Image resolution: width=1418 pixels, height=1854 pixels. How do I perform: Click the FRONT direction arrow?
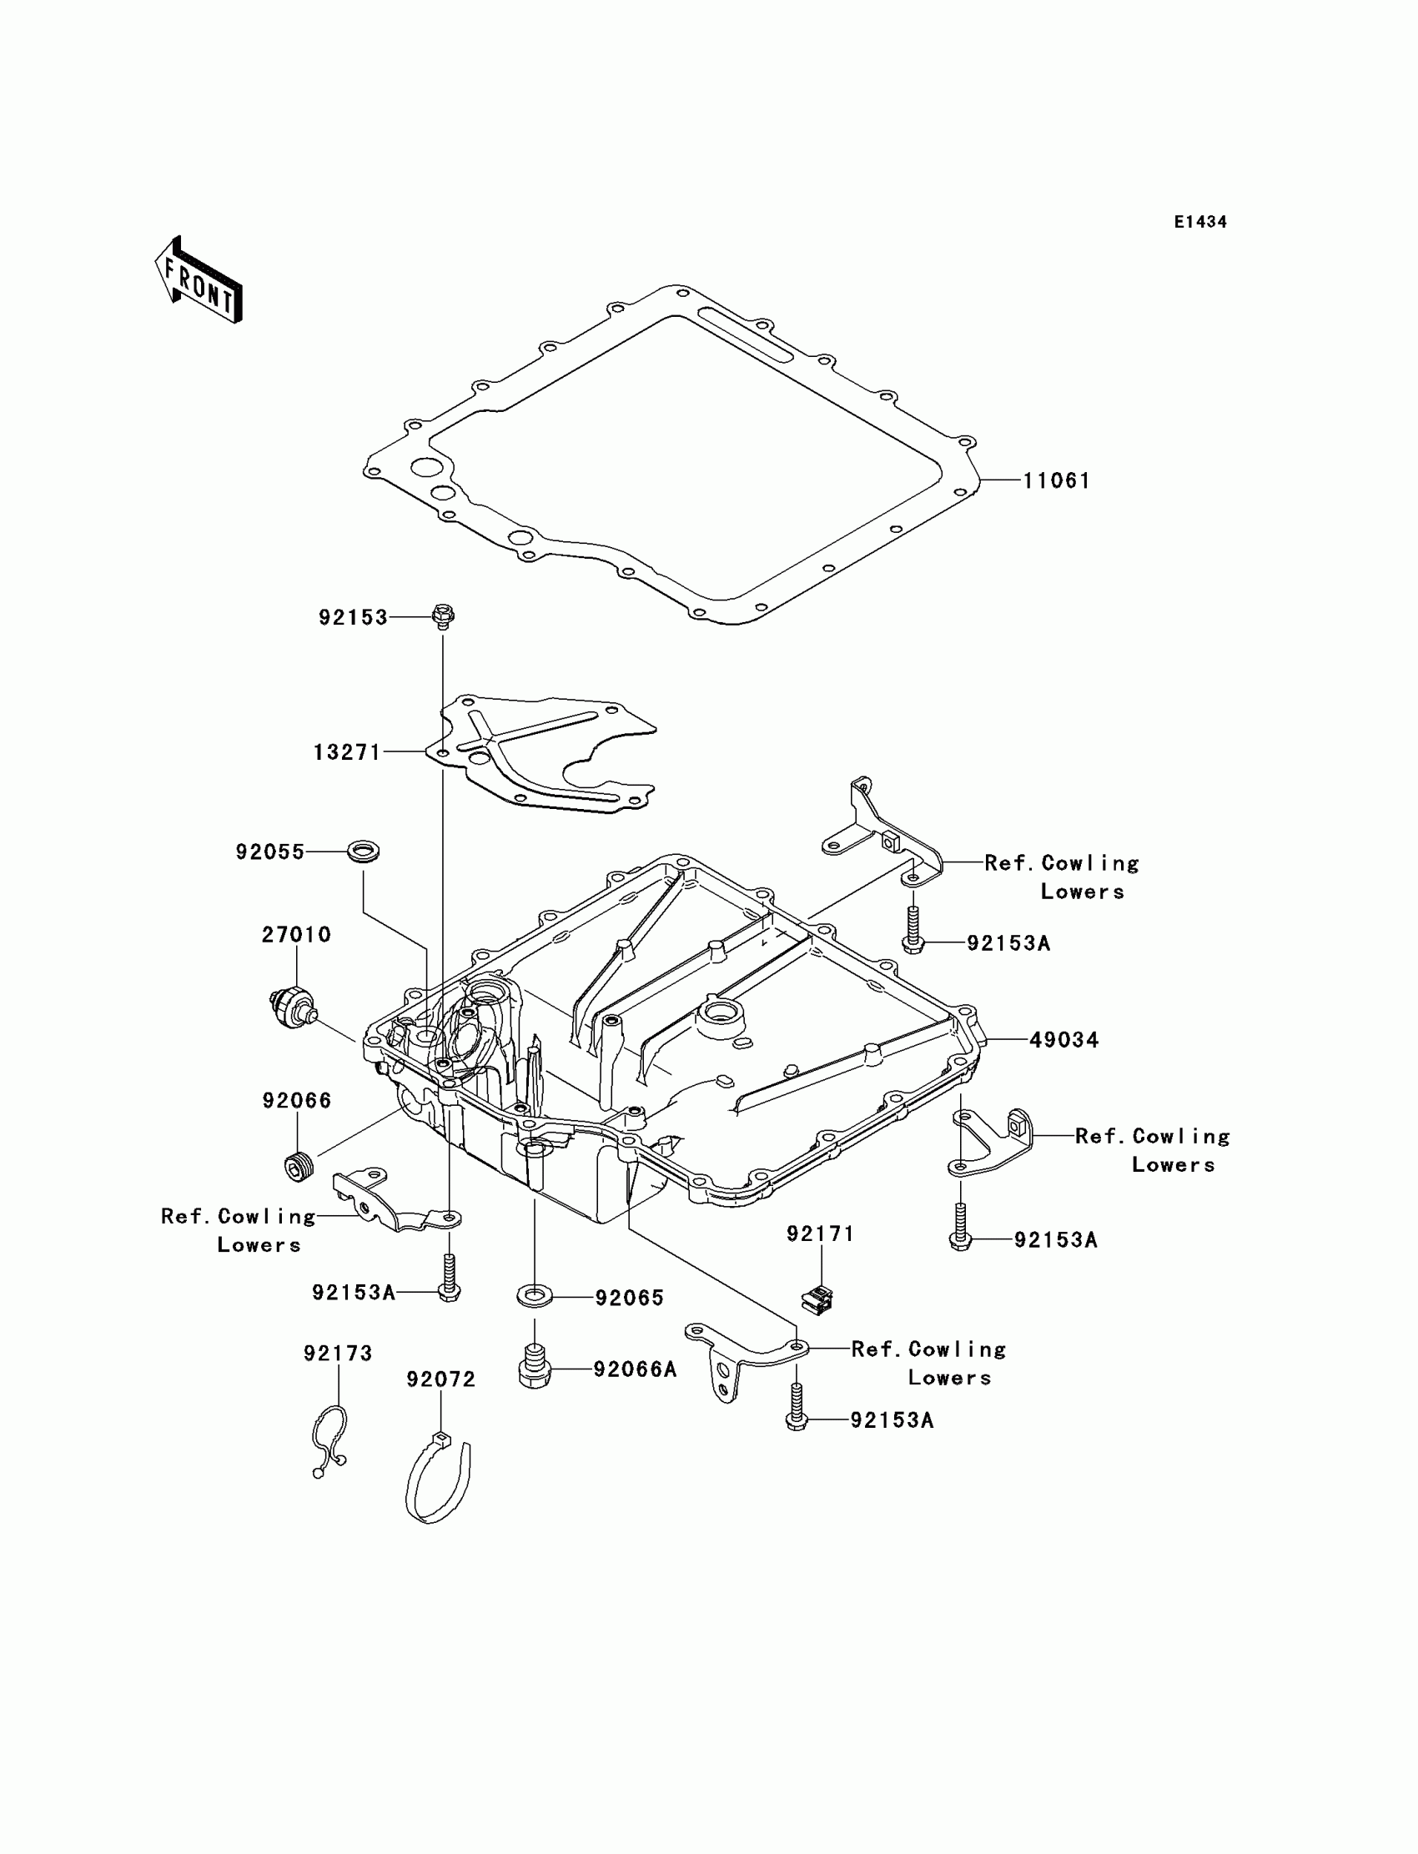click(x=199, y=281)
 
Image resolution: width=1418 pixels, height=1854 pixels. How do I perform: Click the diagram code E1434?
click(x=1200, y=222)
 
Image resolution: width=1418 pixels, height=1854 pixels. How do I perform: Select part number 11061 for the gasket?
click(x=1057, y=481)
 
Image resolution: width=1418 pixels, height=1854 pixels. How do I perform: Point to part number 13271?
click(x=347, y=752)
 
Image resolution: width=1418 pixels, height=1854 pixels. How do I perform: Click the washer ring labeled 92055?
click(x=364, y=849)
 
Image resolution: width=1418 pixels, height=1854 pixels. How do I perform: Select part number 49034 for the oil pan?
click(x=1063, y=1041)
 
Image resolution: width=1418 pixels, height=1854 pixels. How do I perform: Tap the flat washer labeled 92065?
click(x=535, y=1294)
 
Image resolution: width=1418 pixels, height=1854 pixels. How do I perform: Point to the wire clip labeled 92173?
click(x=329, y=1439)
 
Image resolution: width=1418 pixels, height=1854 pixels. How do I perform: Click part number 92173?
click(x=338, y=1354)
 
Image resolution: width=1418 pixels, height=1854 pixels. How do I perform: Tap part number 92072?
click(x=440, y=1379)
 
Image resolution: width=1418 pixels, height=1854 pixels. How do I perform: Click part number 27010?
click(x=296, y=935)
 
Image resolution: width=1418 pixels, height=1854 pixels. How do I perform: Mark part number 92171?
click(x=821, y=1233)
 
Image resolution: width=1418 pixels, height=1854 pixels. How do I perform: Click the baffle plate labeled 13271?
click(x=549, y=754)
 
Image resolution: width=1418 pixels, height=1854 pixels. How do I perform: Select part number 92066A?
click(x=635, y=1369)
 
